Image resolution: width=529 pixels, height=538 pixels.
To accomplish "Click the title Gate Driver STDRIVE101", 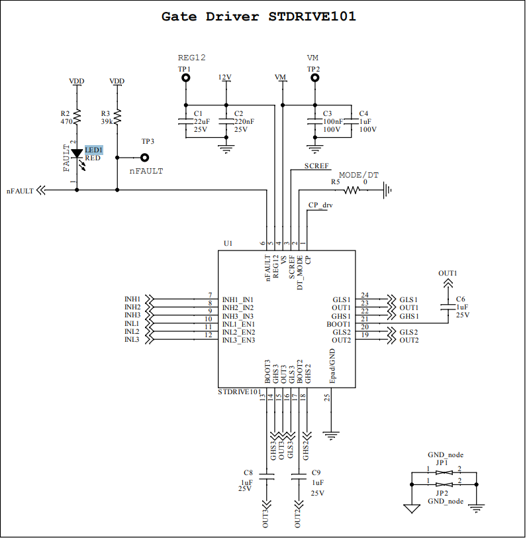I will [x=259, y=17].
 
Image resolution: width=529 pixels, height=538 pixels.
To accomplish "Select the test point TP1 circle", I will [x=186, y=78].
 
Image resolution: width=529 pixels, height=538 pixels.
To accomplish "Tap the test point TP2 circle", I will [x=313, y=78].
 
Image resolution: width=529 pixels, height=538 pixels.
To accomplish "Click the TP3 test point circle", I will [x=144, y=158].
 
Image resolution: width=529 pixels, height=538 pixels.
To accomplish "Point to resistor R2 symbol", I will [x=77, y=117].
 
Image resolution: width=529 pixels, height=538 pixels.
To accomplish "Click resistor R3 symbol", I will [x=117, y=117].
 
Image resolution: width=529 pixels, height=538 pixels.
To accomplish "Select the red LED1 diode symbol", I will [x=77, y=154].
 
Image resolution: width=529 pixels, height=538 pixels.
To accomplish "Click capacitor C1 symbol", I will [x=186, y=121].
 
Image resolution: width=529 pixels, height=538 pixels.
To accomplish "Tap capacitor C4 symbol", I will [x=351, y=121].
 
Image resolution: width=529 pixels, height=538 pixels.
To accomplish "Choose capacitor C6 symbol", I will [x=448, y=307].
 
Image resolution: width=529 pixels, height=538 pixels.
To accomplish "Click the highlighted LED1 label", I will [x=93, y=150].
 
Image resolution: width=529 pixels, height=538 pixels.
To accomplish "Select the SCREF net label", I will [x=316, y=165].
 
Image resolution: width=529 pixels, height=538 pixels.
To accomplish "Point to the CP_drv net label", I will [x=320, y=205].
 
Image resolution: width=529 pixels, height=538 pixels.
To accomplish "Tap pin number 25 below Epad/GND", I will [x=327, y=398].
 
